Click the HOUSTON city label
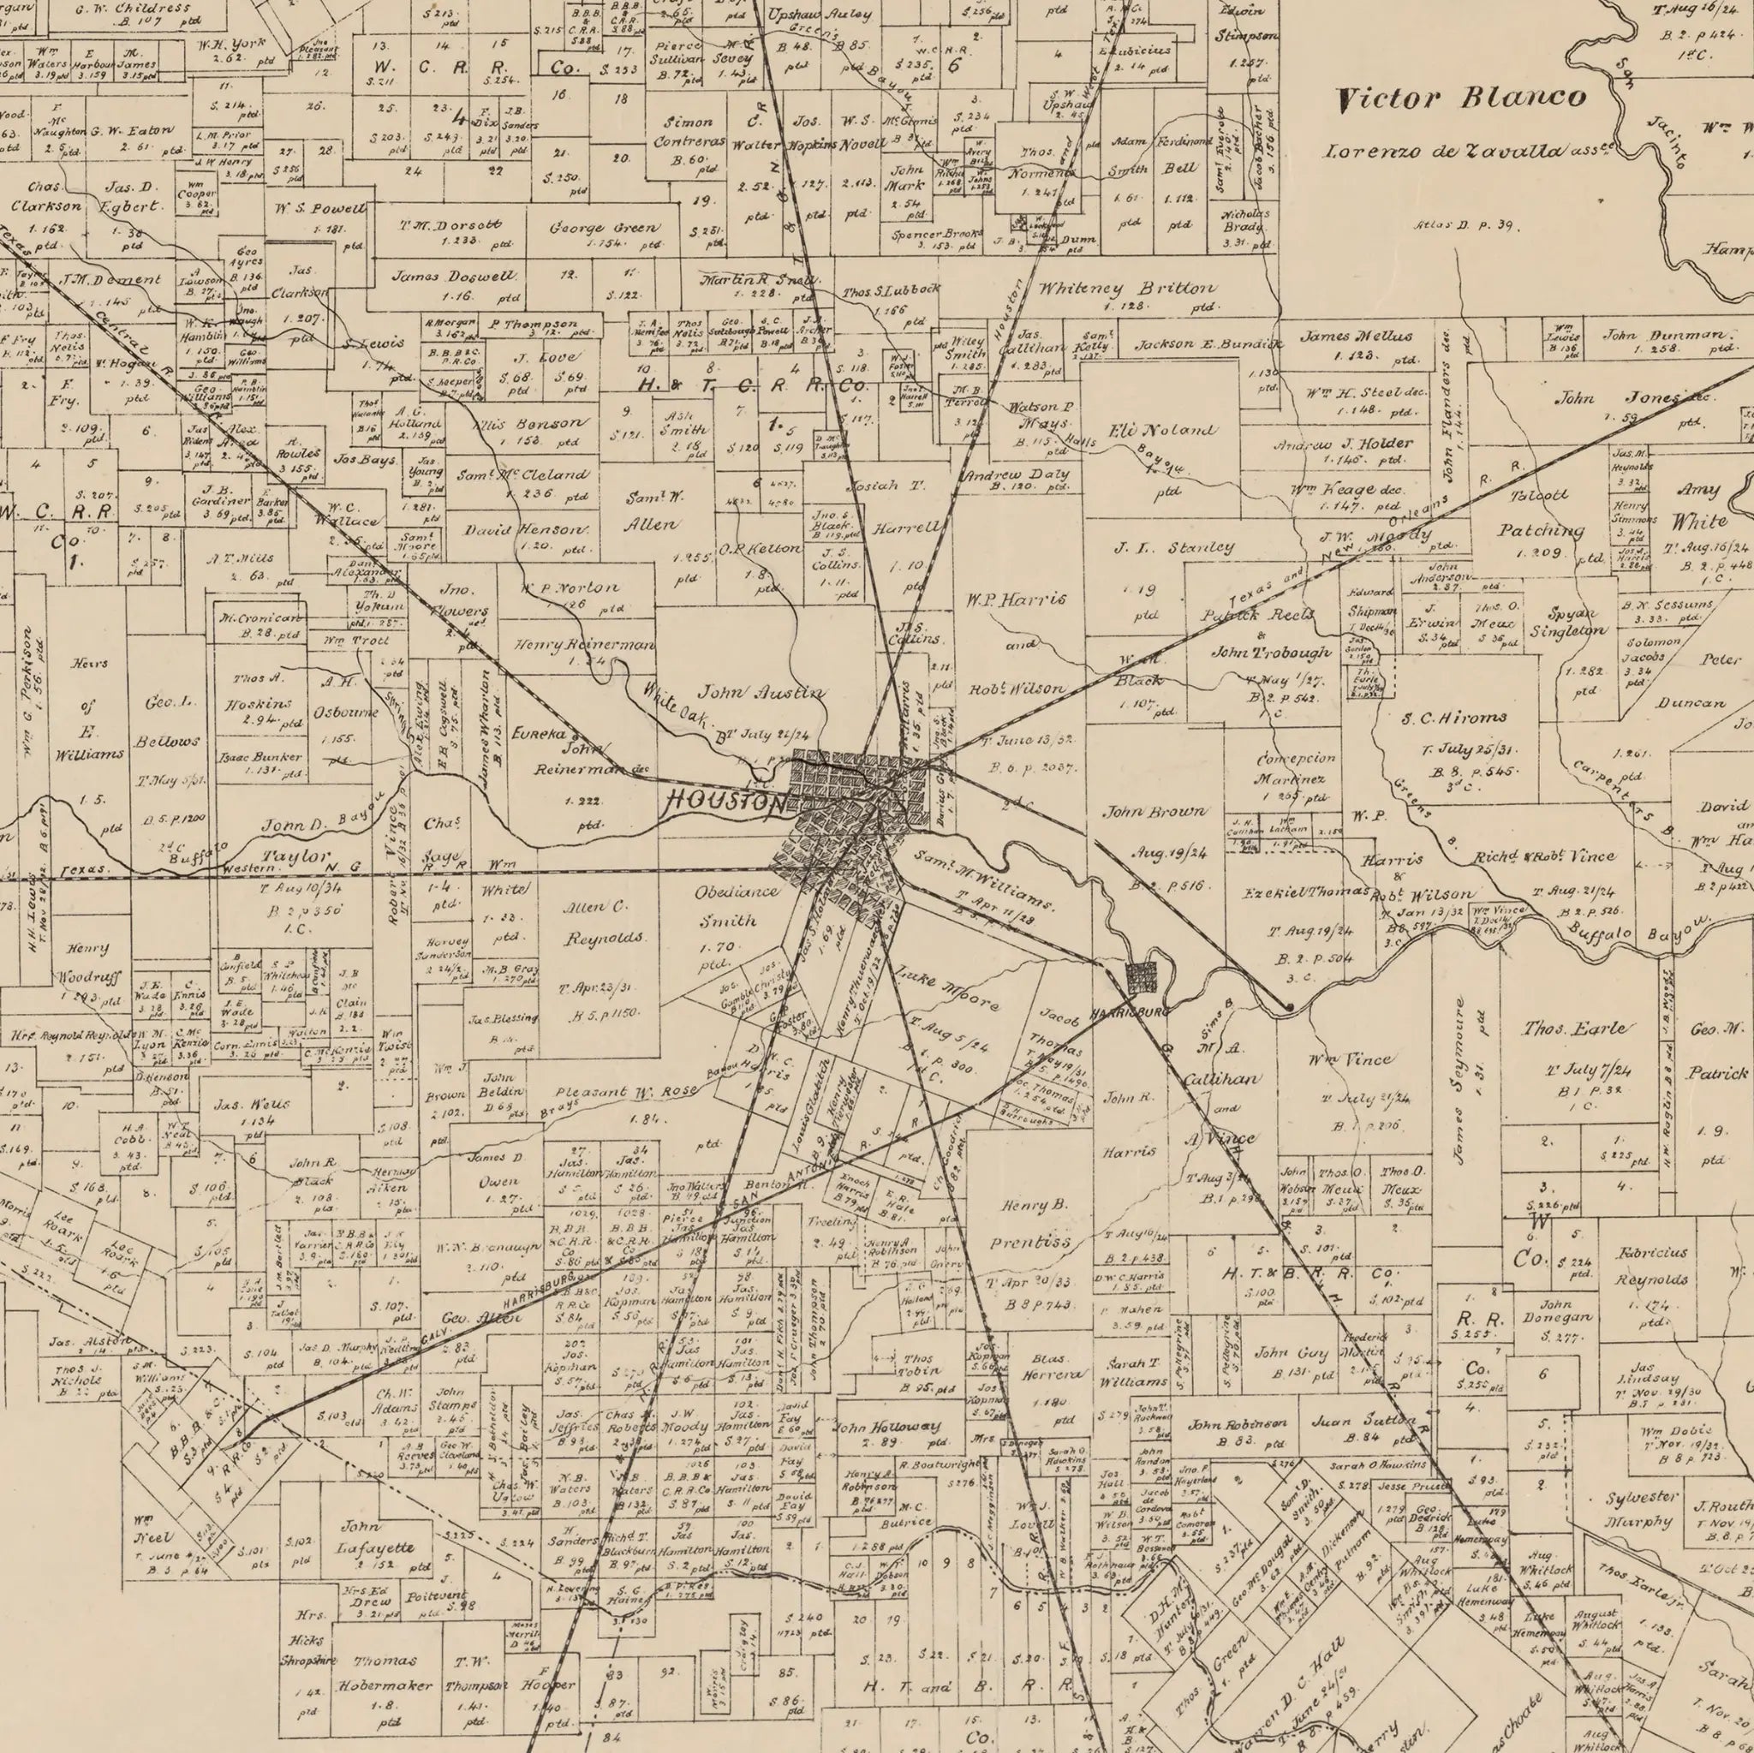click(726, 802)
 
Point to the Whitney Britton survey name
click(1125, 288)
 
